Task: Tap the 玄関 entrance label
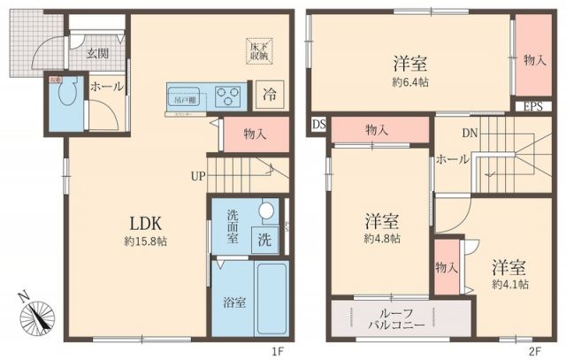click(98, 53)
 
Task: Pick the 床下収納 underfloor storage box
click(259, 50)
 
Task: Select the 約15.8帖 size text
click(142, 241)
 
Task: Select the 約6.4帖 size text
click(410, 81)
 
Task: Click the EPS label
click(532, 107)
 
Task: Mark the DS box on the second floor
click(318, 126)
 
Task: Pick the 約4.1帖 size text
click(510, 285)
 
